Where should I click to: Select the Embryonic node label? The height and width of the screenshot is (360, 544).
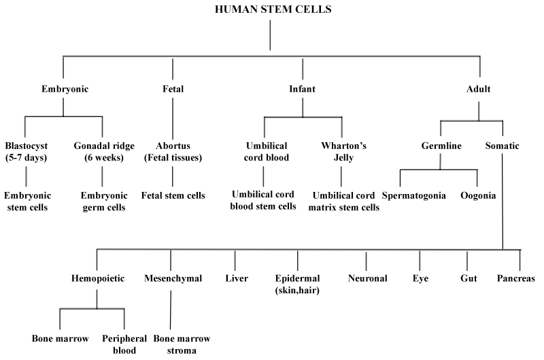tap(64, 88)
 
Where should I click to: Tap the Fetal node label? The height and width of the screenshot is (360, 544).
tap(173, 88)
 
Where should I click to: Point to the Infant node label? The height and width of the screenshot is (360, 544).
tap(303, 88)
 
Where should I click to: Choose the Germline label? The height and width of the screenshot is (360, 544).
tap(440, 146)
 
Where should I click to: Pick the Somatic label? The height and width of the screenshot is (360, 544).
tap(503, 146)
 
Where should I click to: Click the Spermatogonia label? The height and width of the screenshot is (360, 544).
tap(413, 196)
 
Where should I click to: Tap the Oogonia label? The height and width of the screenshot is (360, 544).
tap(478, 196)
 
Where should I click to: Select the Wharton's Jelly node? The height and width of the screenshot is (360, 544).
tap(341, 152)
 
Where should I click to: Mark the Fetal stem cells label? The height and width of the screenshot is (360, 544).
tap(173, 196)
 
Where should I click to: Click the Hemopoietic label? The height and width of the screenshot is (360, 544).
tap(97, 278)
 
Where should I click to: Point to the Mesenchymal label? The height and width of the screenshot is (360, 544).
tap(171, 278)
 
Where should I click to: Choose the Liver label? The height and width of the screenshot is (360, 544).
tap(235, 278)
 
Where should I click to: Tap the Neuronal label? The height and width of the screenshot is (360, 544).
tap(367, 278)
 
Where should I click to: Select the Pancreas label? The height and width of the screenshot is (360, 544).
tap(516, 278)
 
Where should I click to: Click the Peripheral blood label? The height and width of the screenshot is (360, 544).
tap(124, 344)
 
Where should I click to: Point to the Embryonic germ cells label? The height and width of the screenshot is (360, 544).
tap(102, 201)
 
